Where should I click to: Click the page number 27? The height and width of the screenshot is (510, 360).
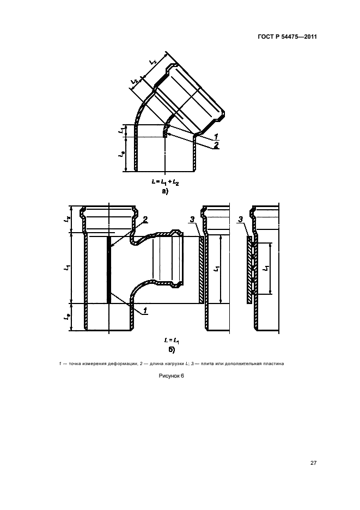(313, 463)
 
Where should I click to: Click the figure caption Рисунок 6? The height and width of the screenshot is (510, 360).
(172, 376)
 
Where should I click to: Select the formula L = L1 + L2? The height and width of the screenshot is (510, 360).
(165, 182)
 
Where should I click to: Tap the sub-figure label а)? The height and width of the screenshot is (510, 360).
(165, 192)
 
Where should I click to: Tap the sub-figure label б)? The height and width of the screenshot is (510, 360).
(172, 350)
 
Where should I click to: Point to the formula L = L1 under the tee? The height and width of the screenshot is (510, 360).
(172, 341)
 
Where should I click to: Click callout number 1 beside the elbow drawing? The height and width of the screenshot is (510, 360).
(216, 136)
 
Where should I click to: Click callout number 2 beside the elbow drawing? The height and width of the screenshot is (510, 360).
(216, 145)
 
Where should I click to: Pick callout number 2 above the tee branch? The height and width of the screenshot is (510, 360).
(145, 220)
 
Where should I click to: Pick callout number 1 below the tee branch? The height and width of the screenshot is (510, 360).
(145, 311)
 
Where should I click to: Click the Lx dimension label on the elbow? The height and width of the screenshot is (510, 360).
(153, 61)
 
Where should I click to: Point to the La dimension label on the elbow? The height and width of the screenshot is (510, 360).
(121, 155)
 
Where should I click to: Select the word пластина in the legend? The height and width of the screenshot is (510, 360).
(273, 363)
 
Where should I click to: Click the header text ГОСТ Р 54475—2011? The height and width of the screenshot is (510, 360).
(287, 37)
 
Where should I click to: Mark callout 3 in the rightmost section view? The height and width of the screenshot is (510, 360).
(241, 220)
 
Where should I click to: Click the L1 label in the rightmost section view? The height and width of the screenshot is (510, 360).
(266, 268)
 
